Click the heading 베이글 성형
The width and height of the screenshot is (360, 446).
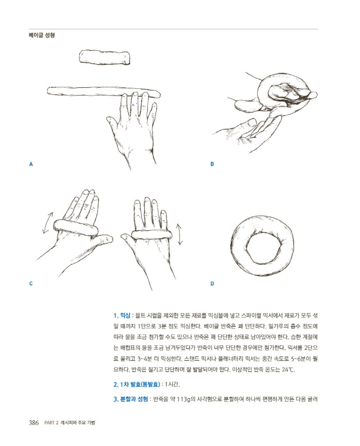42,35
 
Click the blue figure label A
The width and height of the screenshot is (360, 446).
31,164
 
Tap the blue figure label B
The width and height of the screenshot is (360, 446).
212,164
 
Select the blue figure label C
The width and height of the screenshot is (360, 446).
31,284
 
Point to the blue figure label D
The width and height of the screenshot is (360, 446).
212,284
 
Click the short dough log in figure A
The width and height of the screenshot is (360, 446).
105,57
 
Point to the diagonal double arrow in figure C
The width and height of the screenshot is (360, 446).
48,222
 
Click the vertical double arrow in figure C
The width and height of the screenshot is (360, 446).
179,234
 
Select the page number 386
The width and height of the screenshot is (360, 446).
33,423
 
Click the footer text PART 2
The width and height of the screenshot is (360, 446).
51,423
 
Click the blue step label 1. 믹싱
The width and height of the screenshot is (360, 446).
122,315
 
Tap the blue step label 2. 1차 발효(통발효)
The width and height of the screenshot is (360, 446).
137,384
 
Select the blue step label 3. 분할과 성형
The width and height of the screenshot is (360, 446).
131,399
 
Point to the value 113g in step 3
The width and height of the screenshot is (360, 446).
183,399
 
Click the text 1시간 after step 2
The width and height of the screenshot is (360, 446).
172,384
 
